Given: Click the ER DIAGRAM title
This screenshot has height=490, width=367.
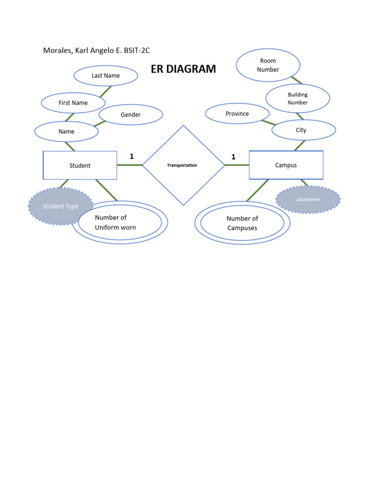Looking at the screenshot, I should point(183,69).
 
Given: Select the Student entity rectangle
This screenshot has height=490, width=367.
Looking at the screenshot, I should point(80,166).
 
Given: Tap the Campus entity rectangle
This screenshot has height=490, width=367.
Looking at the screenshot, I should point(286,165).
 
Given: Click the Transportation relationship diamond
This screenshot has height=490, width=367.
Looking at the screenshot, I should point(183,165).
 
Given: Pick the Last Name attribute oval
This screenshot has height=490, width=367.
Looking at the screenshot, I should point(106,76).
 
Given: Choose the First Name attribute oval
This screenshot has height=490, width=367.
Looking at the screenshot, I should point(73,102).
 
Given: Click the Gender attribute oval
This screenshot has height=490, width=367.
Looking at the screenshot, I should point(130,115).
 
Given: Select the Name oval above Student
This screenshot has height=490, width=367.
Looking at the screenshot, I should point(66,131).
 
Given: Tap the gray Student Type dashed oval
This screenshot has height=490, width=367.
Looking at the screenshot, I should point(61,206).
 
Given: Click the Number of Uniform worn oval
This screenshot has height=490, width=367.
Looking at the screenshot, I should point(119,223).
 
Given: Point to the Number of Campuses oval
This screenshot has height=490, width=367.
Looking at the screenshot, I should point(242,223).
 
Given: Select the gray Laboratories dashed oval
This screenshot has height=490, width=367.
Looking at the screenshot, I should point(308,199).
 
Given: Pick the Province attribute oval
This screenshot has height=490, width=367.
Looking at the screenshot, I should point(237,114).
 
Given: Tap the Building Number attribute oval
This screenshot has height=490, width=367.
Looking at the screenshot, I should point(298,99).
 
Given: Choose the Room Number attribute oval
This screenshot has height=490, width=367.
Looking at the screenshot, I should point(268,65).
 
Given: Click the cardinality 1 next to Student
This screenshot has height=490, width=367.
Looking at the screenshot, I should point(131,156).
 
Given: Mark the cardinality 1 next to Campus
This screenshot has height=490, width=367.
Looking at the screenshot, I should point(233,156).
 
